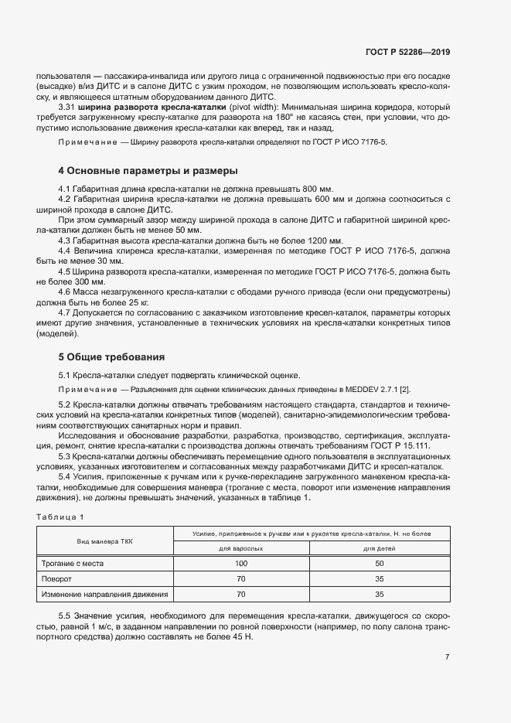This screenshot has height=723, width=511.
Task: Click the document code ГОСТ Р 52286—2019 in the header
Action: click(407, 53)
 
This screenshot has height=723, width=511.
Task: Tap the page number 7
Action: click(448, 657)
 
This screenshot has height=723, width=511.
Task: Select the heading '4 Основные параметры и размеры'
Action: click(148, 170)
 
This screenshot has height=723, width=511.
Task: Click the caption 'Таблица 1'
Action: click(60, 517)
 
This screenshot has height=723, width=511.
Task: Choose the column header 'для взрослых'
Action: click(241, 548)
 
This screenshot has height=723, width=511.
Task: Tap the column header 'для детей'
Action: click(379, 548)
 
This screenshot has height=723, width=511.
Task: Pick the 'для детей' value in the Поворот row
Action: click(379, 578)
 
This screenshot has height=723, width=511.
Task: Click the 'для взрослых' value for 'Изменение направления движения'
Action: click(241, 594)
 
